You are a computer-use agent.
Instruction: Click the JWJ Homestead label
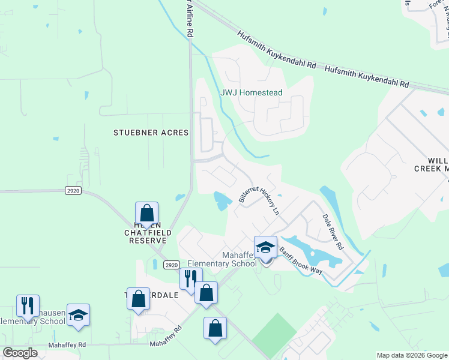[x=251, y=94]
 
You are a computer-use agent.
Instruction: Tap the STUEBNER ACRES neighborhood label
[x=151, y=132]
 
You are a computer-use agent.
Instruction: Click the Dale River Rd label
[x=333, y=232]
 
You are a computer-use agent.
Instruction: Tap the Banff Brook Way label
[x=301, y=263]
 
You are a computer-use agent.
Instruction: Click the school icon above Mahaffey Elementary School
[x=265, y=247]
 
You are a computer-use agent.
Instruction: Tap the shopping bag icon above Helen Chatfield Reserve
[x=146, y=213]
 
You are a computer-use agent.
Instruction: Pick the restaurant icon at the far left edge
[x=28, y=305]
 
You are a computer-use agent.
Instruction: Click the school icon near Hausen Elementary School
[x=78, y=314]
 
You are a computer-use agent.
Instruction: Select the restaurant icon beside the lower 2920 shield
[x=190, y=279]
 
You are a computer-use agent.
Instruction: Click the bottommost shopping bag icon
[x=215, y=328]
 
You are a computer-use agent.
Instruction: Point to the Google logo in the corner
[x=20, y=353]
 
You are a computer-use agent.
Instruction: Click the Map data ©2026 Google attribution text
[x=412, y=355]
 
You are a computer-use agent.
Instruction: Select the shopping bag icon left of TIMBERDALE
[x=138, y=298]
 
